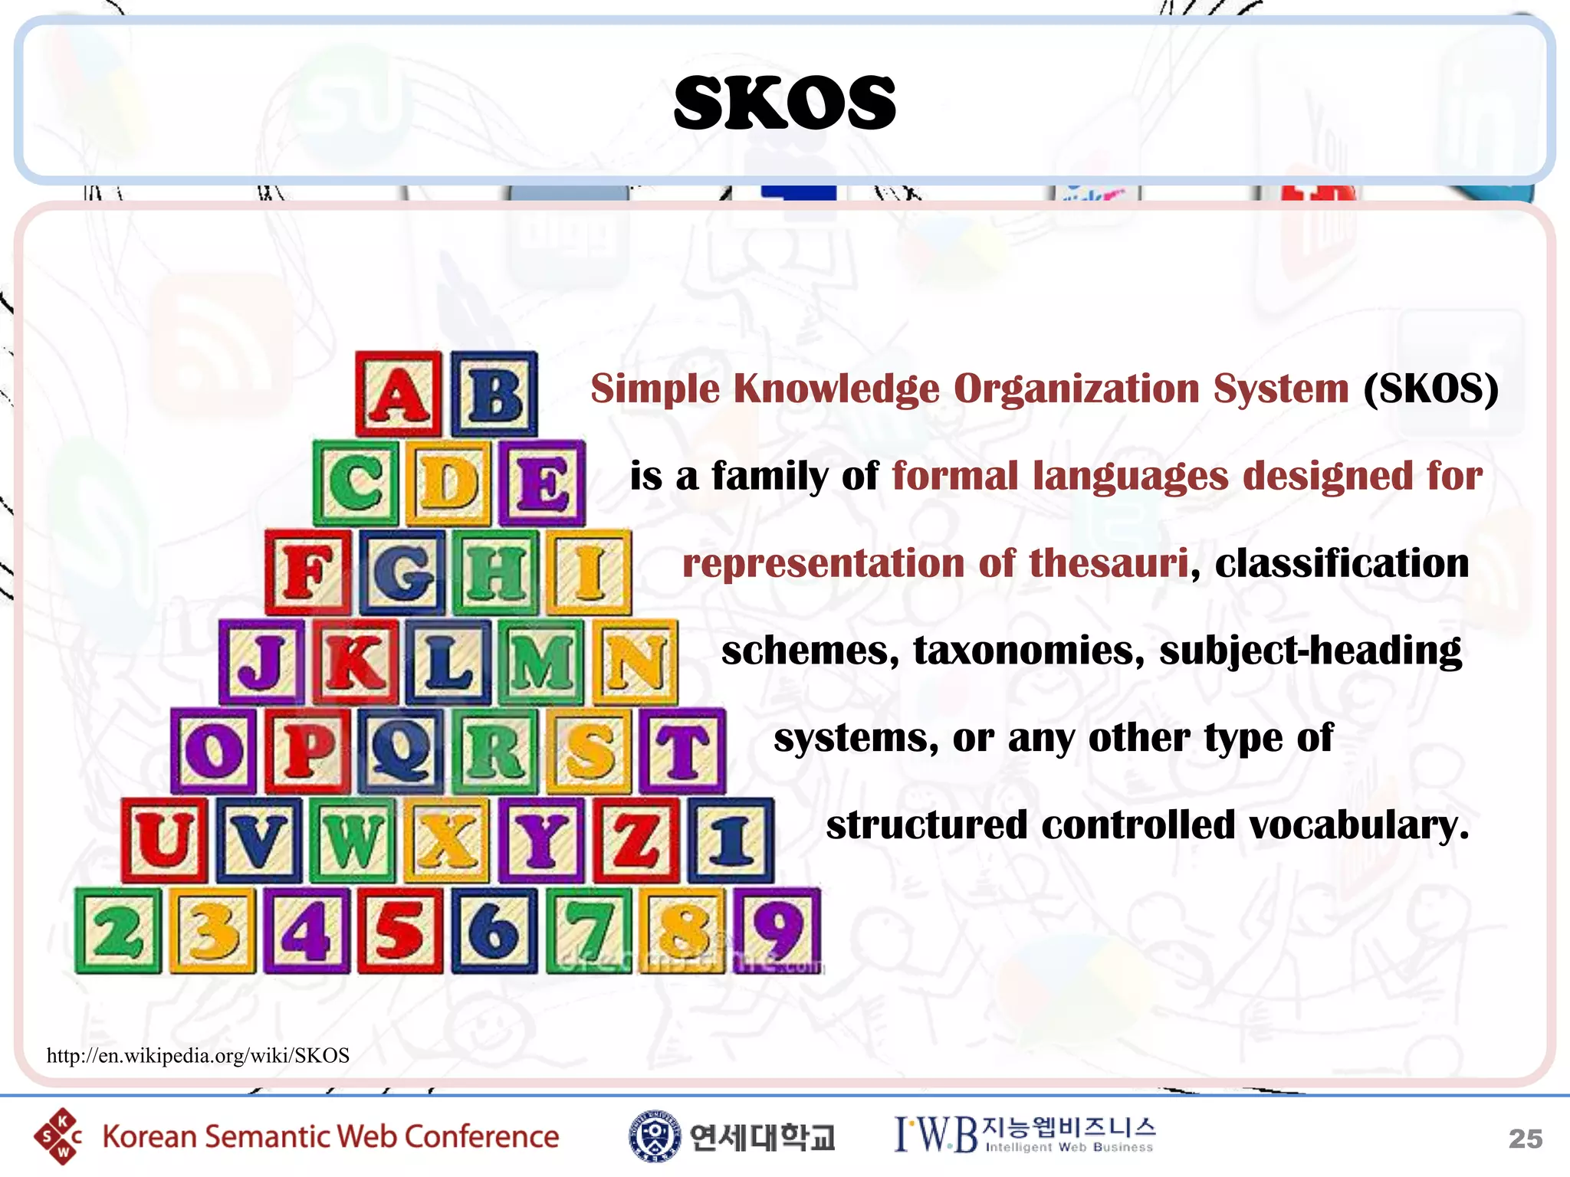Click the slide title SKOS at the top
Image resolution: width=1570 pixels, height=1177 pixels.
pos(784,103)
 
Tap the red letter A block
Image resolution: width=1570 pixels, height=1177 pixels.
pos(399,395)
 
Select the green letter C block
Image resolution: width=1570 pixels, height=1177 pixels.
pos(356,483)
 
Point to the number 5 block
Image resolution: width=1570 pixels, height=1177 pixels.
pos(400,930)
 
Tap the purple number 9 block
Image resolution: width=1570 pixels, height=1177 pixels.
pos(777,930)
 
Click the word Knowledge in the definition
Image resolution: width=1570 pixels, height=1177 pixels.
pos(836,389)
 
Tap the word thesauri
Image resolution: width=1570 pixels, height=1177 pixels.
pos(1109,563)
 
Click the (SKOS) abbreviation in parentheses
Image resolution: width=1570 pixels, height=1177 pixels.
pos(1430,389)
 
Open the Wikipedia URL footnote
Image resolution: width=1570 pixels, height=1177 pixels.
pos(198,1056)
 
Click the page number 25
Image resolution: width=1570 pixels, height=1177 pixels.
pos(1525,1139)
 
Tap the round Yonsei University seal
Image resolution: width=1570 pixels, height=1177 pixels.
pos(654,1136)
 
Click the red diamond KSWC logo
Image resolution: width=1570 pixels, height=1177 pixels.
pos(58,1136)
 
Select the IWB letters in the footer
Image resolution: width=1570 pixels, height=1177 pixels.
pos(936,1135)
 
